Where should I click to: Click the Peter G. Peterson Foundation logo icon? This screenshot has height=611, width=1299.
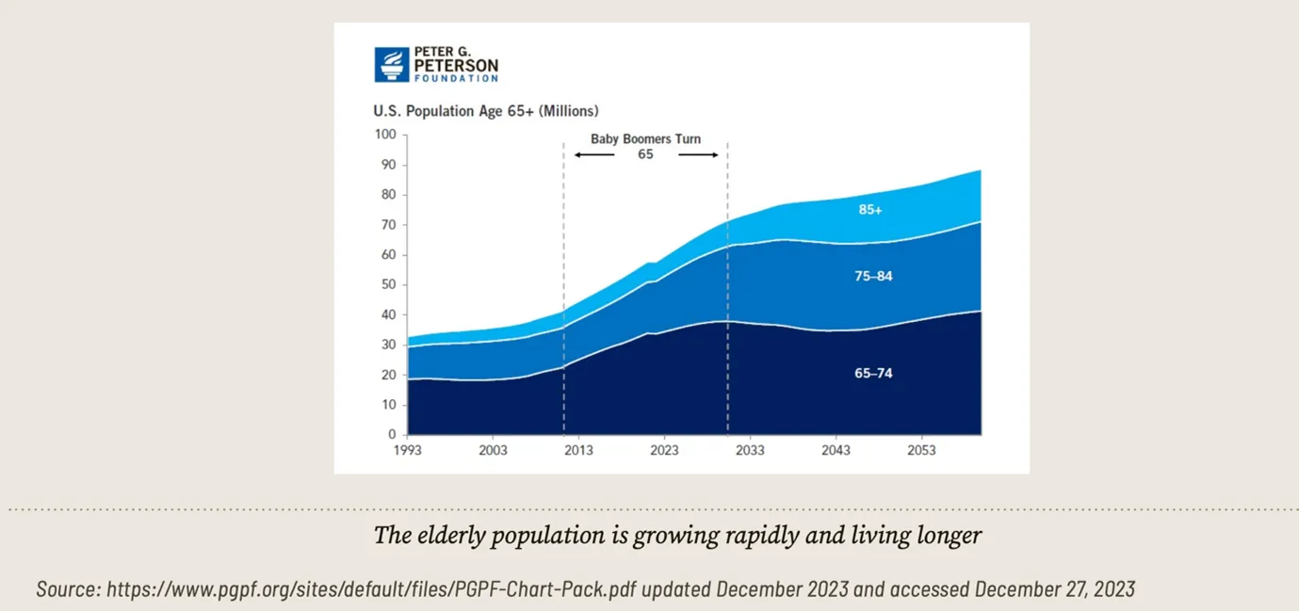391,65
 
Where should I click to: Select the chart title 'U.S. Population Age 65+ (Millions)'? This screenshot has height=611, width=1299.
485,111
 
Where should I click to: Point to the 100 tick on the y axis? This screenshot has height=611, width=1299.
385,135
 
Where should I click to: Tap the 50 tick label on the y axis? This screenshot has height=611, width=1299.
388,285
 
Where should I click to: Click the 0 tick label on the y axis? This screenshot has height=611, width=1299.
392,435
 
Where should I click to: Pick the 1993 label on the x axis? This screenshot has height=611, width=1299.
408,451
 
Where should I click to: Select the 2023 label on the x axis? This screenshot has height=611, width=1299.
664,451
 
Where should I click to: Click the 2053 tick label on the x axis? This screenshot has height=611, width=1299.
920,451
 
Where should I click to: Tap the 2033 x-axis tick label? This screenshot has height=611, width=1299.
750,451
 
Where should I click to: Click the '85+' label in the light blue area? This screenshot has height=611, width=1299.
870,210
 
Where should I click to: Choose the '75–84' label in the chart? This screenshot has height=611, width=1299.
873,277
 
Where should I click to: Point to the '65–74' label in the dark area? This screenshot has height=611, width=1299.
873,374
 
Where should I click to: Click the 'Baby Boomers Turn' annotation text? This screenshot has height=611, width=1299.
645,138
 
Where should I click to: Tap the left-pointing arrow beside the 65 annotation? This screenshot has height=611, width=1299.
594,154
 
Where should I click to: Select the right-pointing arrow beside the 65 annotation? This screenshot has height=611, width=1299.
698,154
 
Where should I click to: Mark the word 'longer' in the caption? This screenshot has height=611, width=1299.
949,537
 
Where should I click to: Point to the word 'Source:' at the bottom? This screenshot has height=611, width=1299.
68,590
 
